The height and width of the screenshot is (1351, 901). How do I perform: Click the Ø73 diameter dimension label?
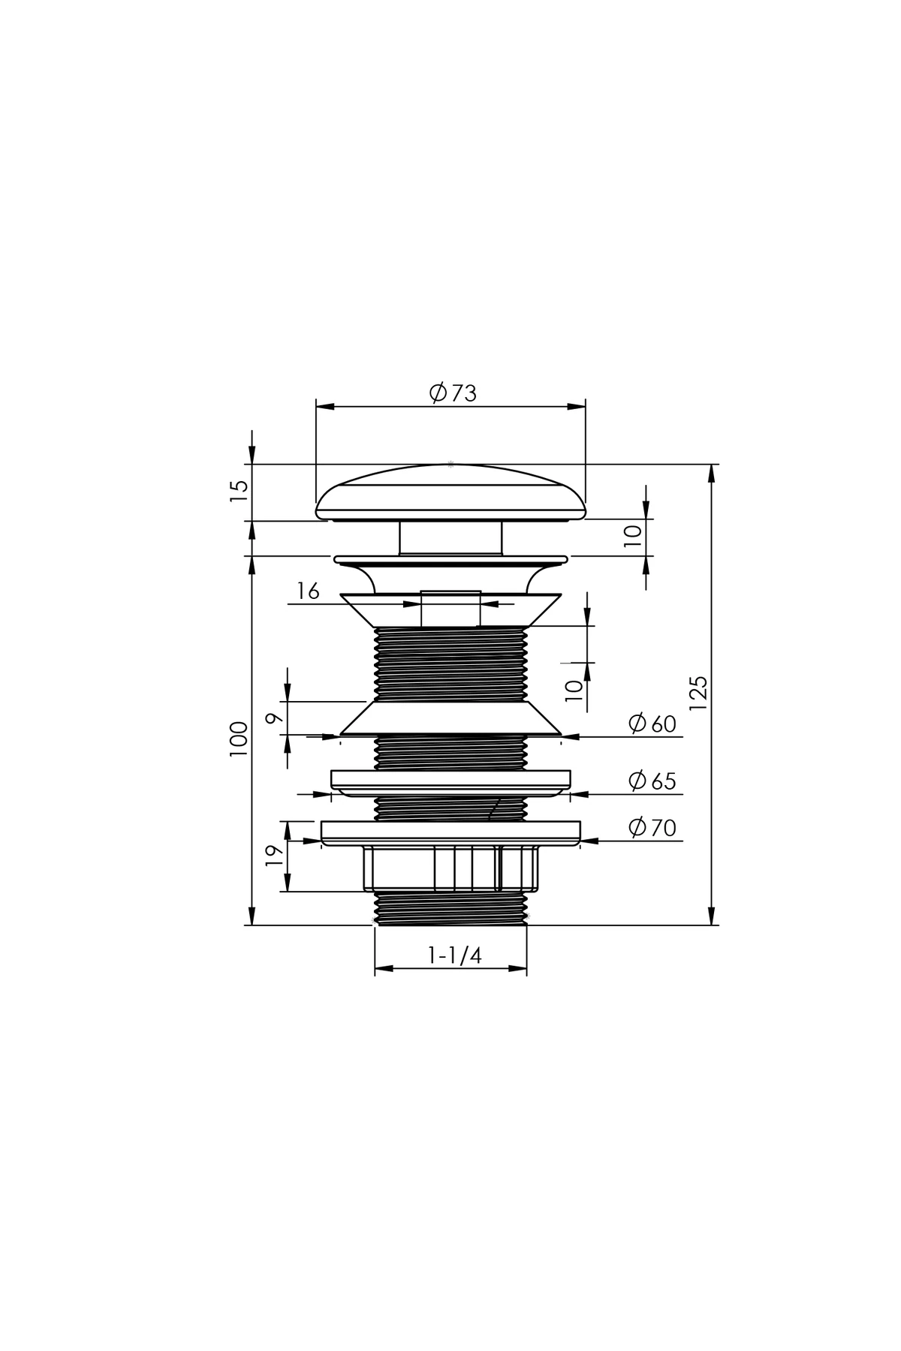point(453,393)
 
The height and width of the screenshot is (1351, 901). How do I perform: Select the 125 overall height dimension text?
point(698,694)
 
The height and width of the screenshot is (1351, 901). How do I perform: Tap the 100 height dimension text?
point(239,739)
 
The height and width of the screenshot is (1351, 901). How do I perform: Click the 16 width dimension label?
point(308,591)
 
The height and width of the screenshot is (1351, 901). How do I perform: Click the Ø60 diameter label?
point(652,724)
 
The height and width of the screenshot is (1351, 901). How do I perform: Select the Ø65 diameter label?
point(652,781)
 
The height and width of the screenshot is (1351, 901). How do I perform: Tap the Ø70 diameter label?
point(652,827)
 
